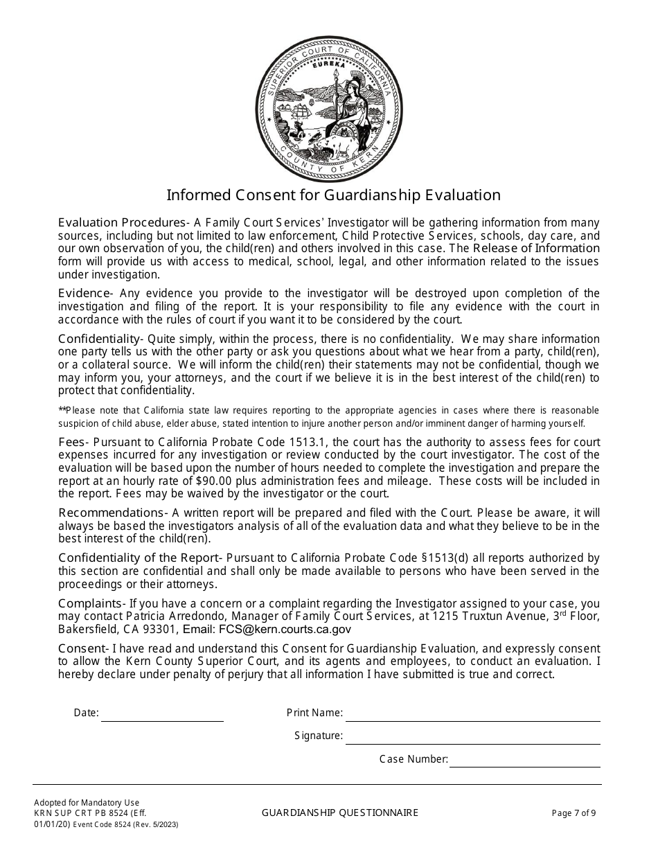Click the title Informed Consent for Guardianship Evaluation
pyautogui.click(x=333, y=195)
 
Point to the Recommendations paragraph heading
pyautogui.click(x=111, y=513)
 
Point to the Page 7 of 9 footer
pyautogui.click(x=573, y=813)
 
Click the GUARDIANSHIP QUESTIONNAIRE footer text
pyautogui.click(x=340, y=813)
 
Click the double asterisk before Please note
pyautogui.click(x=62, y=411)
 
